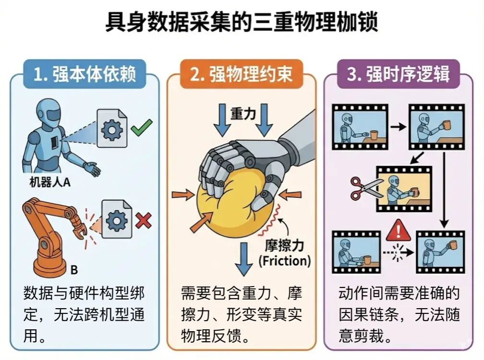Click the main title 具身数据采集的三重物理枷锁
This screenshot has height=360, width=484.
click(x=242, y=22)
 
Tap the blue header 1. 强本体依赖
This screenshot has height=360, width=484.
click(x=85, y=74)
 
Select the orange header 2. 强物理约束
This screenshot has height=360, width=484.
click(x=242, y=74)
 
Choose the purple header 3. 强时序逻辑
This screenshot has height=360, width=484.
click(x=398, y=74)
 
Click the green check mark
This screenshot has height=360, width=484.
click(x=141, y=127)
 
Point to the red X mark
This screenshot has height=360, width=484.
click(x=144, y=221)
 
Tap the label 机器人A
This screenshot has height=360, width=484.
click(x=50, y=182)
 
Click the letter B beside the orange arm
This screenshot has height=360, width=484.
click(x=74, y=270)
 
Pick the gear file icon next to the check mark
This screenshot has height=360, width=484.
click(x=112, y=128)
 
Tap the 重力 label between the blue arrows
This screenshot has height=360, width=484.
click(x=243, y=114)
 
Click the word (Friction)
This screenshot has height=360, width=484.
click(x=285, y=261)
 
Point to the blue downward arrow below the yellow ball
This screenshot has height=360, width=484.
click(x=244, y=259)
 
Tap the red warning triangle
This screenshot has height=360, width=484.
click(x=399, y=230)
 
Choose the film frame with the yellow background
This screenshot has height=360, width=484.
click(x=404, y=189)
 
